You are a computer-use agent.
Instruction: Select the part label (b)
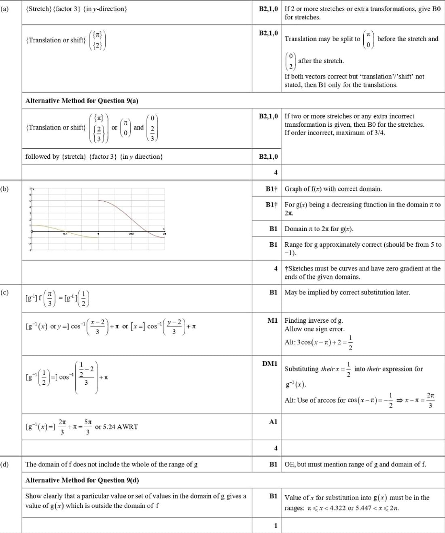(4, 189)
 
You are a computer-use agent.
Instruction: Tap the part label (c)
(4, 292)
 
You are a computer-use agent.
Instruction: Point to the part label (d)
(4, 464)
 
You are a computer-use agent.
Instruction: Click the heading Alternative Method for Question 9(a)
(82, 100)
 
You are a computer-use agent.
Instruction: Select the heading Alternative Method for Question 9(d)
(82, 480)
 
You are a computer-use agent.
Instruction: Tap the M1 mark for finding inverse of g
(272, 320)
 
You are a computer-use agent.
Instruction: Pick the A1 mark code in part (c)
(273, 422)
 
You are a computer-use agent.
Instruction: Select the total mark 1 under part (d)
(275, 526)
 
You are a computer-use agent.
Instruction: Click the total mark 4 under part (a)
(275, 173)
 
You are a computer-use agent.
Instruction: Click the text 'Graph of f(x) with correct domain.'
(333, 189)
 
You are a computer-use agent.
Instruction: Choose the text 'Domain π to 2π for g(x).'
(319, 229)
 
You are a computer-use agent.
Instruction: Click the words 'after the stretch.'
(321, 61)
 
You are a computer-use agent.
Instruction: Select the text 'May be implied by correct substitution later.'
(347, 292)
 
